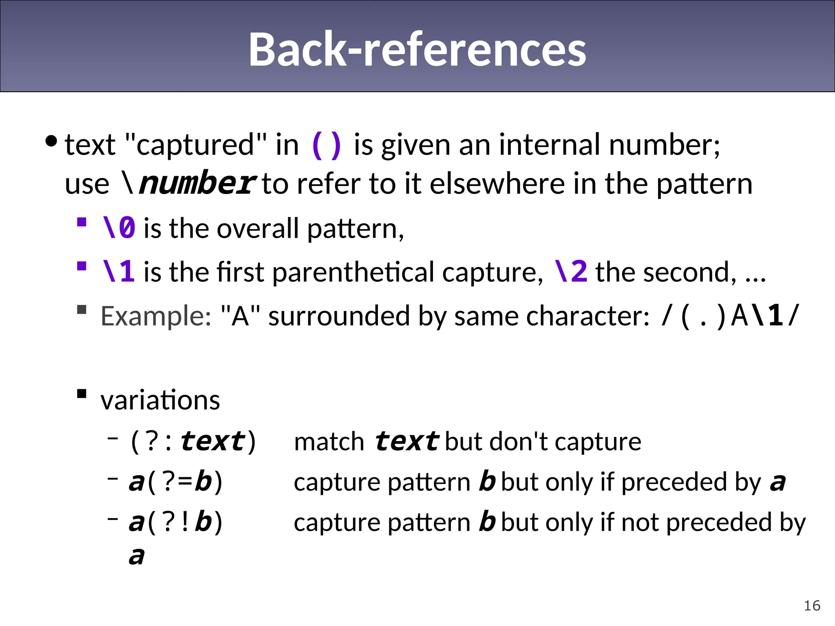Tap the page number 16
[x=812, y=606]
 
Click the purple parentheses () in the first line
[x=326, y=145]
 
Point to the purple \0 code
[x=119, y=228]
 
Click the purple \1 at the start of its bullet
[x=119, y=272]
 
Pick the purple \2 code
[x=571, y=272]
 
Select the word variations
[x=160, y=400]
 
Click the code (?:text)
[x=193, y=441]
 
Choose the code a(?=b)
[x=176, y=482]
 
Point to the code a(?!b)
[x=176, y=522]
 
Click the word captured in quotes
[x=196, y=145]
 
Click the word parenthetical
[x=353, y=272]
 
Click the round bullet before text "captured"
[x=51, y=141]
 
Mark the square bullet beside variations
[x=82, y=394]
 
